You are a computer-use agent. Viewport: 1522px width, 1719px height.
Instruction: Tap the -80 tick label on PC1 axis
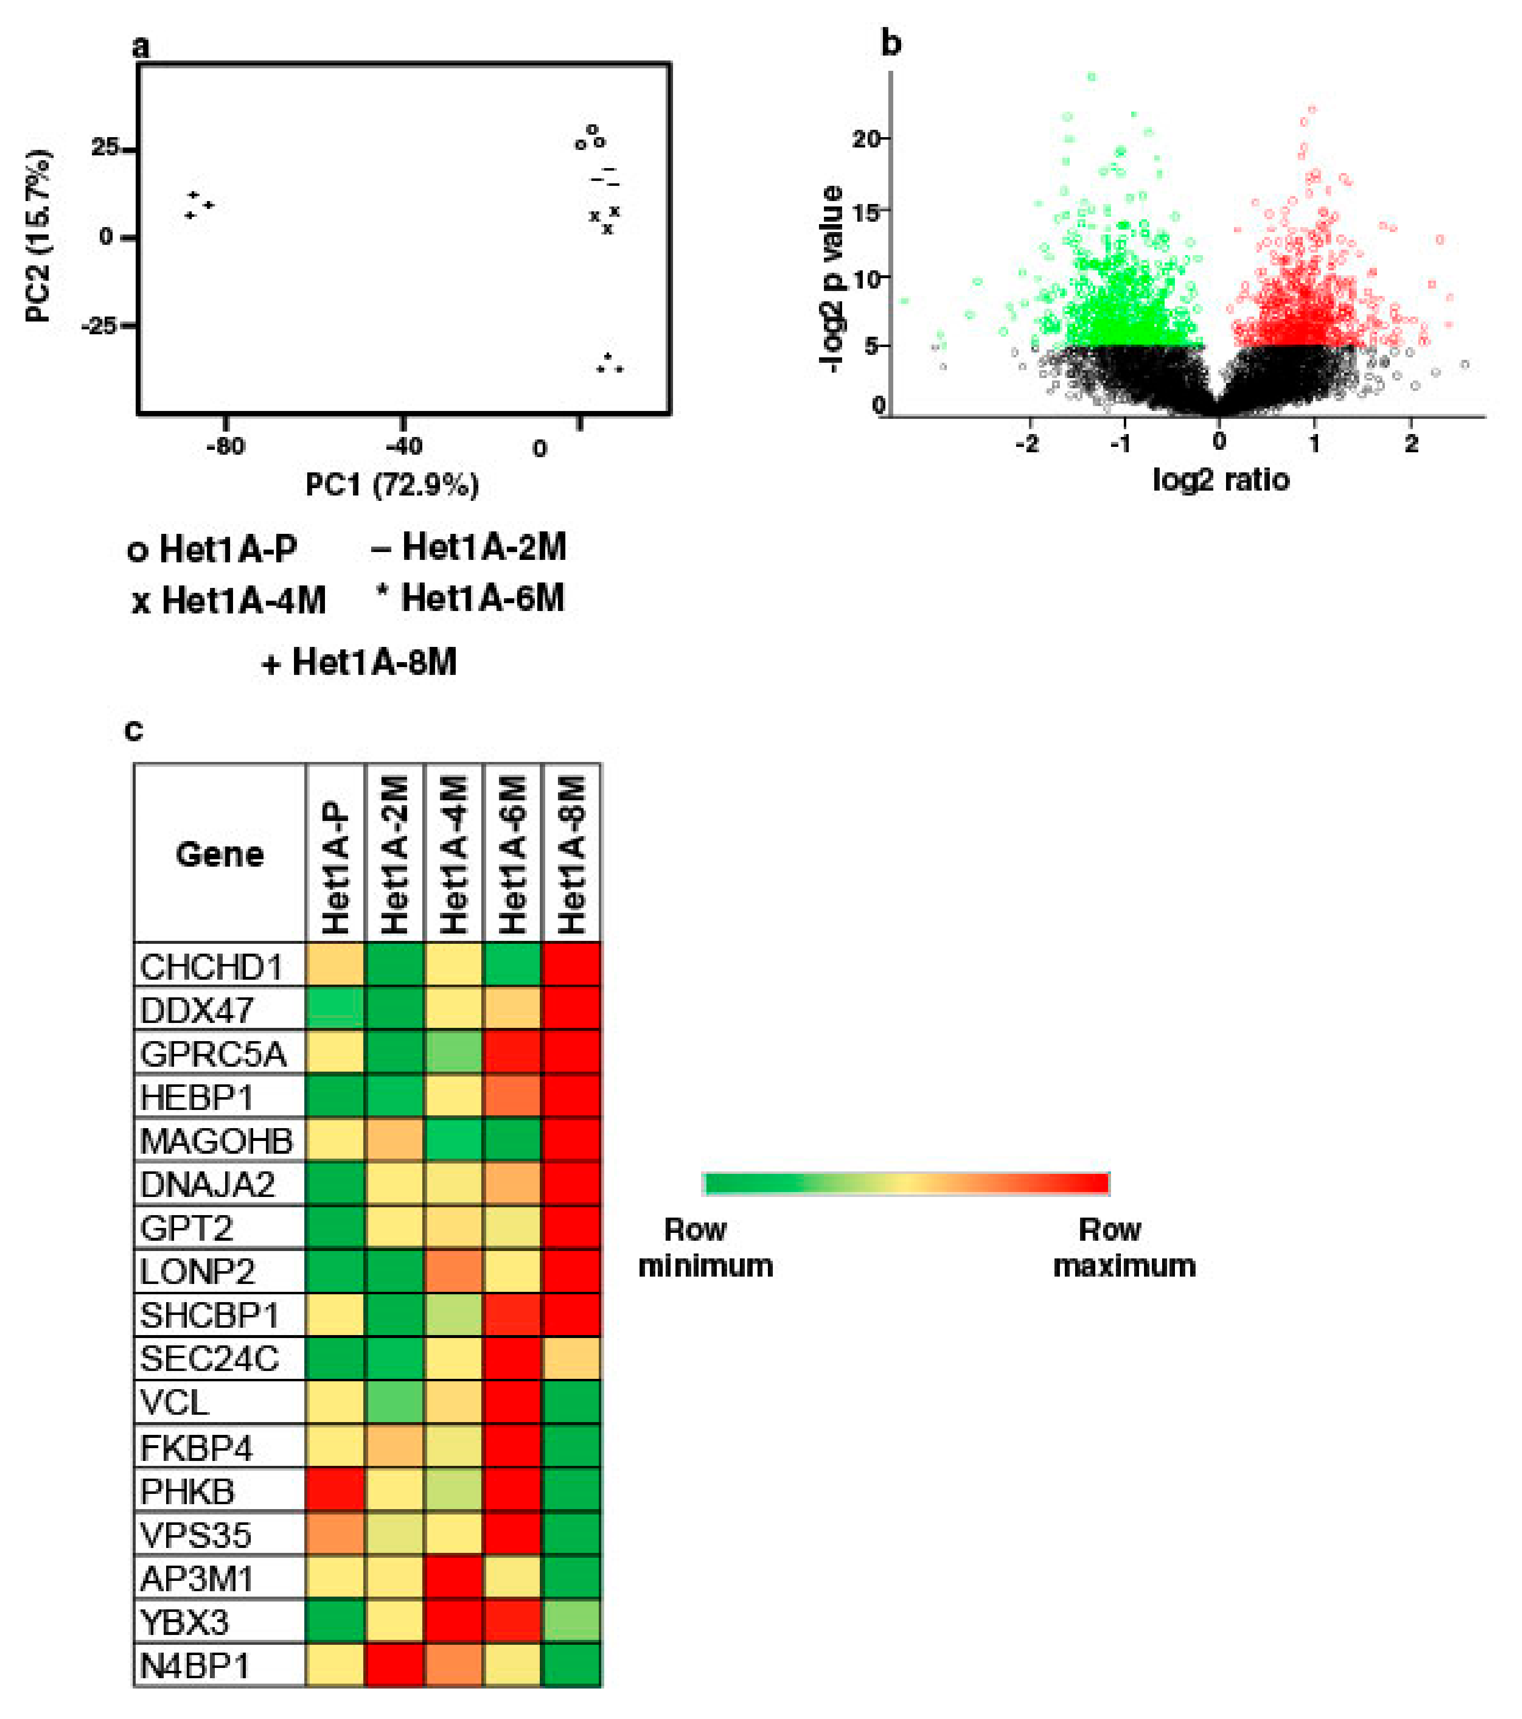225,446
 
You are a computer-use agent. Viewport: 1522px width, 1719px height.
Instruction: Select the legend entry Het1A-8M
360,663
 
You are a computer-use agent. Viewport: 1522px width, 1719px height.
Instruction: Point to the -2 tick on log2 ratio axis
1027,443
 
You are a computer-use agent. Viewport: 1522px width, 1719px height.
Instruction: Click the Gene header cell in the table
219,854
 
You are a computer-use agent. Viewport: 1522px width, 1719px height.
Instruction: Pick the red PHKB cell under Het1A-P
335,1491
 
